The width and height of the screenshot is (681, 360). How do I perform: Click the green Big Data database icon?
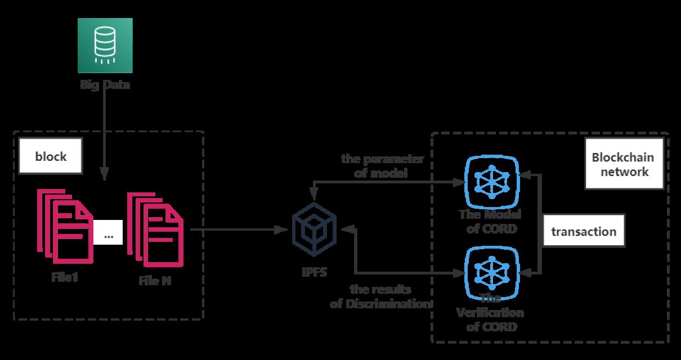click(105, 46)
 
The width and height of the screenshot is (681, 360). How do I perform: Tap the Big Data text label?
click(105, 86)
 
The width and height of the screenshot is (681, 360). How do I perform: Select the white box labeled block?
click(51, 156)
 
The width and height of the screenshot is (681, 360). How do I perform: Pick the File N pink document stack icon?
click(155, 228)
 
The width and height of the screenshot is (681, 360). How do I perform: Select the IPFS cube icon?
click(313, 230)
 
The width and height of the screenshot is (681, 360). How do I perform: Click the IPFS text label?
click(314, 273)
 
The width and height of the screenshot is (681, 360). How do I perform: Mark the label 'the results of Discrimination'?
click(380, 297)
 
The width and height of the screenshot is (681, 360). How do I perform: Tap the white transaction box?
click(584, 231)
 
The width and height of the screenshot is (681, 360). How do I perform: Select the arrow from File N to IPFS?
click(236, 229)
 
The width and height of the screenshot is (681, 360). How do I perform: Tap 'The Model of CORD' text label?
click(490, 222)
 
